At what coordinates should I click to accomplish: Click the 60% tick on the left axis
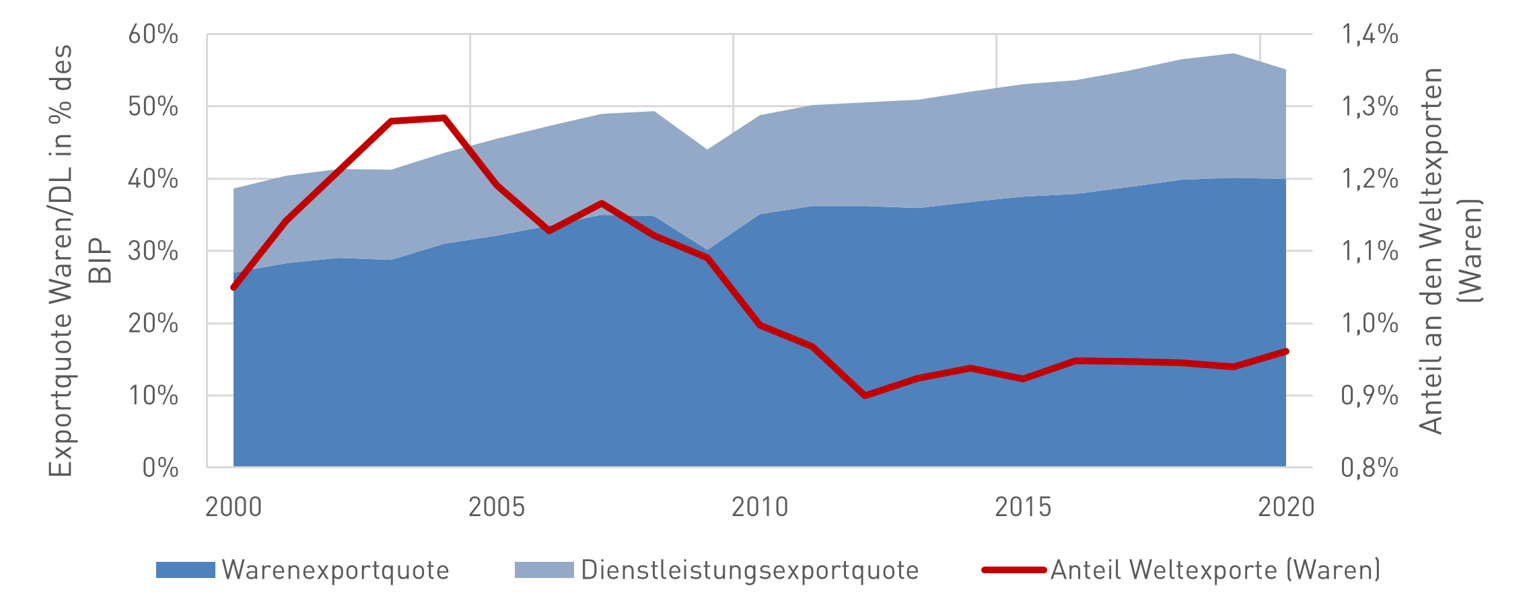[153, 34]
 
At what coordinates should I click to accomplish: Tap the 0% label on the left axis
[160, 468]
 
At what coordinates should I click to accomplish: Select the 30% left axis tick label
[153, 252]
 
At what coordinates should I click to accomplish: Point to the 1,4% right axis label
[1370, 34]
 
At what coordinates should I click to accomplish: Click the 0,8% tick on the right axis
[1370, 468]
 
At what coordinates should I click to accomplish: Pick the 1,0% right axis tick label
[1370, 324]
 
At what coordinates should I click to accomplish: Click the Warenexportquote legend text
[335, 570]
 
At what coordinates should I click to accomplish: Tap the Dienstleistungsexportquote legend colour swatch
[544, 570]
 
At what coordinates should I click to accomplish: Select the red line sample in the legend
[1014, 570]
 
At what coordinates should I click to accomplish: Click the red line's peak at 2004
[444, 118]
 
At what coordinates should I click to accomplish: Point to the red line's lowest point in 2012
[865, 396]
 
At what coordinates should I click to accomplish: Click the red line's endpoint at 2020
[1286, 351]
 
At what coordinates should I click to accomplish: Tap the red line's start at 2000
[234, 287]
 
